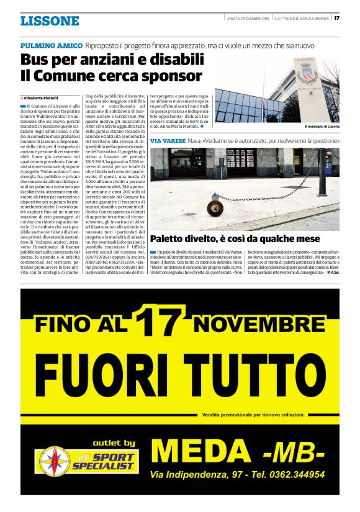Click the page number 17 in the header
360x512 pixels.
336,17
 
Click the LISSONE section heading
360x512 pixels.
50,21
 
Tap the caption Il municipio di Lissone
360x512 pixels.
322,127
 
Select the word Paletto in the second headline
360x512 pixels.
171,238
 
